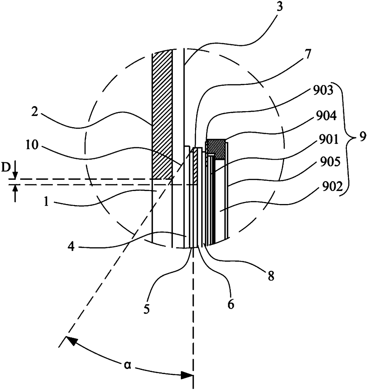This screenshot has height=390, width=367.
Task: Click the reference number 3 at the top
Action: [x=280, y=7]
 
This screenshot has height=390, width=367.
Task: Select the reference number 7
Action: [x=307, y=55]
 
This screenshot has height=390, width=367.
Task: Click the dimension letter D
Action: [x=5, y=168]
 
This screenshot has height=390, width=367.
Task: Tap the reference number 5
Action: [x=147, y=309]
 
